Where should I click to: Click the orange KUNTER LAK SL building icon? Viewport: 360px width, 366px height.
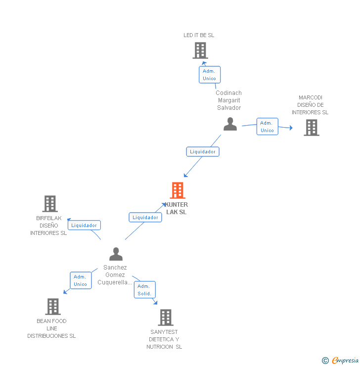point(177,190)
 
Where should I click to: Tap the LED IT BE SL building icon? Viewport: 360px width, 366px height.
point(200,50)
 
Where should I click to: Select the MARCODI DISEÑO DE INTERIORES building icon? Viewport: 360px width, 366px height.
point(311,128)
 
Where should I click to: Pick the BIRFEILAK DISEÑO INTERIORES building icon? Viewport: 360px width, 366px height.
point(50,204)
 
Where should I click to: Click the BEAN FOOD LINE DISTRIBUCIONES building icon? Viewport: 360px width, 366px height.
point(53,307)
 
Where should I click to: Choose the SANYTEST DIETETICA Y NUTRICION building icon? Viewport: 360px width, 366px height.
point(166,318)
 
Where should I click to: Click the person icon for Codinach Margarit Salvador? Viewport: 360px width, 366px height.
point(230,124)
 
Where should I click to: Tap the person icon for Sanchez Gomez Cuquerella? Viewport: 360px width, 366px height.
point(116,254)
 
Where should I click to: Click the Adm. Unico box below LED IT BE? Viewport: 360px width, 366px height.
point(209,75)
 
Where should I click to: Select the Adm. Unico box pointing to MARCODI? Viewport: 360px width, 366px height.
point(267,127)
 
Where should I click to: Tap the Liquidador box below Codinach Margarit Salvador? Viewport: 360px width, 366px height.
point(203,151)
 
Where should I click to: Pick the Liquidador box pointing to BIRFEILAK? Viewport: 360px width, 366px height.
point(84,226)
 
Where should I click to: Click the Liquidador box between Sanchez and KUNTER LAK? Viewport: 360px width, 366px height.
point(145,217)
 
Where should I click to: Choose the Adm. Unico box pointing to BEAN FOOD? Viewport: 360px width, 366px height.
point(80,280)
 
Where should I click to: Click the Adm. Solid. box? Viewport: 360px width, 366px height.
point(144,290)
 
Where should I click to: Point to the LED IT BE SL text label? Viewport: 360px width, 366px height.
point(199,36)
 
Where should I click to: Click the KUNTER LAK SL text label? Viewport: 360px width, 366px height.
point(177,208)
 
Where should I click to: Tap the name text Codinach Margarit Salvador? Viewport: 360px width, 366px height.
point(228,100)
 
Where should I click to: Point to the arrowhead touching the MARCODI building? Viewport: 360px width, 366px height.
point(291,129)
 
